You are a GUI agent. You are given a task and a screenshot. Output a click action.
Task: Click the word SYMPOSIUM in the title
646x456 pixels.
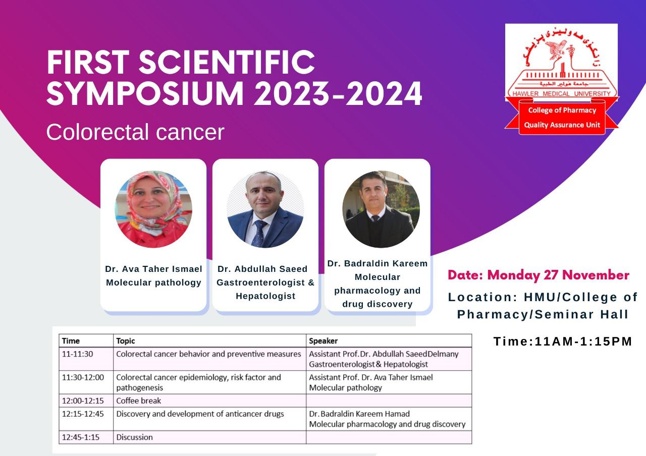pos(145,93)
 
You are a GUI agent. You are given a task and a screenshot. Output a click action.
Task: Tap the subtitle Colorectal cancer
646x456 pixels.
pos(135,132)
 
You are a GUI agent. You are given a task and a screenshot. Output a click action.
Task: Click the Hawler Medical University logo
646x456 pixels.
pos(562,79)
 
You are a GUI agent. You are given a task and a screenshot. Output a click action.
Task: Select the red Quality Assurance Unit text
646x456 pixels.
pos(562,125)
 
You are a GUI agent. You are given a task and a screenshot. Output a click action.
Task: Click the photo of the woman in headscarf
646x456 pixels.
pos(153,209)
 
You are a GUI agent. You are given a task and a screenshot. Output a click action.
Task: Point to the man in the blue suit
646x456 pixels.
pos(265,209)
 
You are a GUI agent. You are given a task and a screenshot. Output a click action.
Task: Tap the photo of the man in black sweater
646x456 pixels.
pos(381,209)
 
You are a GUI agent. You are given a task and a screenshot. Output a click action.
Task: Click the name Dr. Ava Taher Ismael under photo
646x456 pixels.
pos(153,269)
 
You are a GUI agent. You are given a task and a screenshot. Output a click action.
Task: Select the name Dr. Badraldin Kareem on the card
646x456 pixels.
pos(377,263)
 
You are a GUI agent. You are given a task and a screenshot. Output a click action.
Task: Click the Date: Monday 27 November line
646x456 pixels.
pos(539,275)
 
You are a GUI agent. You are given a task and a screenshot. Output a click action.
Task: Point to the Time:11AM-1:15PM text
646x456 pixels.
pos(563,341)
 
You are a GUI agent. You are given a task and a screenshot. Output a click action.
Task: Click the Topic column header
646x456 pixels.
pos(126,340)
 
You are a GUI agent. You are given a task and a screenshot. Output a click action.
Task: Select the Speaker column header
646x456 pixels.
pos(323,340)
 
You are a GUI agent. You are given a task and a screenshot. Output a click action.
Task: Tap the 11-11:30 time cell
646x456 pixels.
pos(86,359)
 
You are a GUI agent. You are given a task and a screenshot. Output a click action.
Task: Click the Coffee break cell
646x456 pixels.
pos(209,401)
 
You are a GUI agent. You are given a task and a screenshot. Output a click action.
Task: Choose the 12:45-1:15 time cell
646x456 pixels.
pos(86,437)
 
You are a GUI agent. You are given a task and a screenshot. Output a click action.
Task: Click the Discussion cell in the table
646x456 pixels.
pos(209,437)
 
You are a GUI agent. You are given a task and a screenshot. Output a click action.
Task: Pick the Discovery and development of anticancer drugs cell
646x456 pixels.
pos(209,419)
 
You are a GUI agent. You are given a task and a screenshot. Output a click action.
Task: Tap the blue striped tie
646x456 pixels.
pos(259,234)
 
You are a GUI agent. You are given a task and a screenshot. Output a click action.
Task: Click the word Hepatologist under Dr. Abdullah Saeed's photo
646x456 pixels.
pos(265,296)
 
